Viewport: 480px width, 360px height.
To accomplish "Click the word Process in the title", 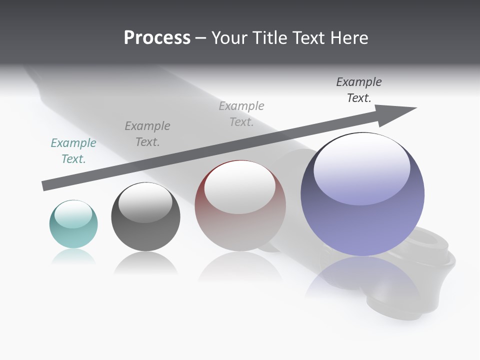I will coord(157,38).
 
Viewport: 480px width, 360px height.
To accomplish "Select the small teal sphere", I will coord(73,224).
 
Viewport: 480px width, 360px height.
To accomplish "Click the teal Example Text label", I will coord(73,151).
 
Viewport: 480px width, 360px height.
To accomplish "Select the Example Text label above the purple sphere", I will coord(359,90).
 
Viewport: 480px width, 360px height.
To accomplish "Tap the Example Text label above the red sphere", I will coord(241,114).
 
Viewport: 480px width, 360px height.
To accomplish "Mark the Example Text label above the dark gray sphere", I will coord(147,134).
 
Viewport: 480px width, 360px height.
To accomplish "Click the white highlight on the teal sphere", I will coord(73,214).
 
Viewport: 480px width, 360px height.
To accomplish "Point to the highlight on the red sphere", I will coord(239,187).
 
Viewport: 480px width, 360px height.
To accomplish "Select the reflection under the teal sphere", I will coord(73,257).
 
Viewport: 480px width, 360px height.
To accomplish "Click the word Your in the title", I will coord(229,38).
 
